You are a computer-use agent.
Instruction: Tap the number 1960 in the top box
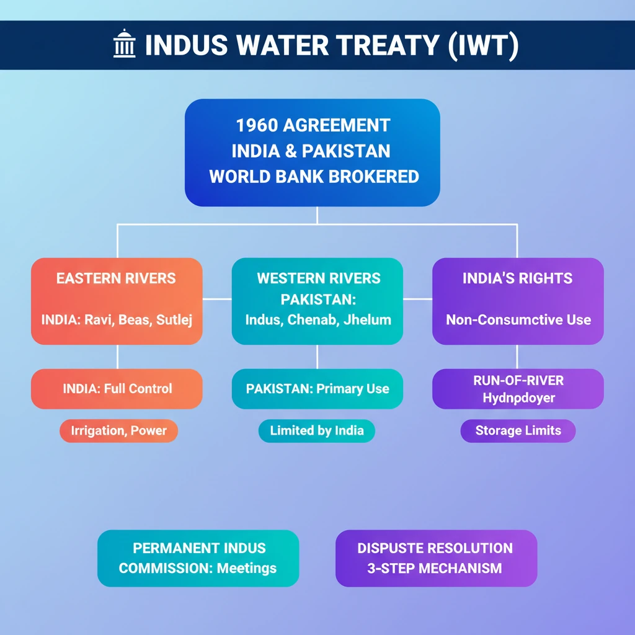pos(256,125)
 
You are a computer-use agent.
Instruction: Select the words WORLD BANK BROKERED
pos(314,176)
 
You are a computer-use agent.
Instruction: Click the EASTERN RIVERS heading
pos(116,278)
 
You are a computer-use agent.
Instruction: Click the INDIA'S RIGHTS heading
pos(517,278)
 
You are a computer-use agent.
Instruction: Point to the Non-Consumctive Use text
pos(518,320)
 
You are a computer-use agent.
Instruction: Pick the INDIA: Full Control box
pos(117,389)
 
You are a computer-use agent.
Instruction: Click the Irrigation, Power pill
pos(118,430)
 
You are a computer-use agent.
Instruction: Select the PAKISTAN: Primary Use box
pos(317,389)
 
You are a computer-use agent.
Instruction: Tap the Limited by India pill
pos(317,430)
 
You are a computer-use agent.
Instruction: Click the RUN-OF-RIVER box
pos(518,389)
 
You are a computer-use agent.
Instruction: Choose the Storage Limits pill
pos(518,430)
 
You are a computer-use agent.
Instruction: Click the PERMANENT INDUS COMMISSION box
pos(198,558)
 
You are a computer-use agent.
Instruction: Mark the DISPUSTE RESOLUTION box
pos(435,558)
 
